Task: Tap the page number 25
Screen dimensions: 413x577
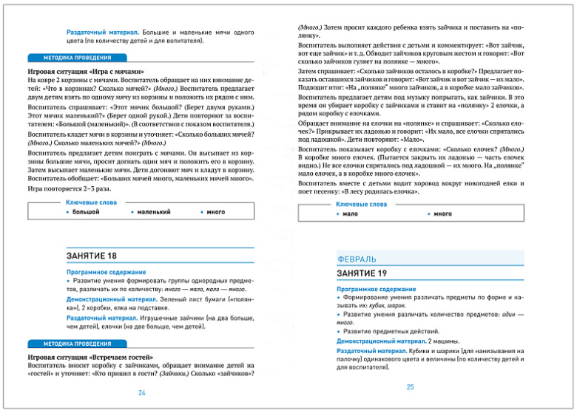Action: coord(411,386)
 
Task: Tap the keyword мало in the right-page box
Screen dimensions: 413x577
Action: coord(350,214)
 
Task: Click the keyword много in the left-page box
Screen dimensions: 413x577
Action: coord(216,211)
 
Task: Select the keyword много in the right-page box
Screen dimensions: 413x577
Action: coord(442,214)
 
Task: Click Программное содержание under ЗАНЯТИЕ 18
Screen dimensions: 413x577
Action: coord(106,272)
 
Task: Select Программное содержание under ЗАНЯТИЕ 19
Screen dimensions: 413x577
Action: coord(376,288)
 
